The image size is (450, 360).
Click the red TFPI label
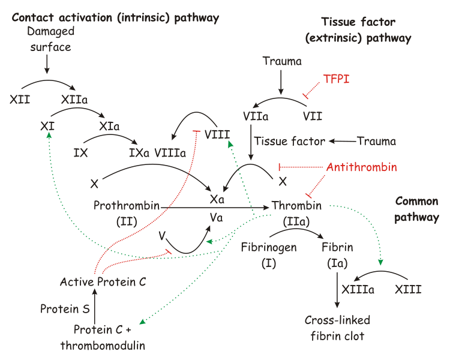(x=336, y=79)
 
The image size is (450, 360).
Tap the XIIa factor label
(x=74, y=99)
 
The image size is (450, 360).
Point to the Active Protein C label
(x=103, y=281)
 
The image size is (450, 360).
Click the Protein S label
(x=64, y=309)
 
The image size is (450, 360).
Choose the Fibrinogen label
(x=268, y=247)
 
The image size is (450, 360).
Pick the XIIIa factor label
(x=358, y=290)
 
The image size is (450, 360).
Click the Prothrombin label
(x=126, y=206)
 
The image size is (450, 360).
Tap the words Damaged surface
(x=50, y=38)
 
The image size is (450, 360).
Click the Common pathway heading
(x=416, y=209)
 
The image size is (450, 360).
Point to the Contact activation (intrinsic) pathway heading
(x=115, y=18)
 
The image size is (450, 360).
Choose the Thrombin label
(x=296, y=206)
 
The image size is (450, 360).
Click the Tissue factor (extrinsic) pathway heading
(x=358, y=30)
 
